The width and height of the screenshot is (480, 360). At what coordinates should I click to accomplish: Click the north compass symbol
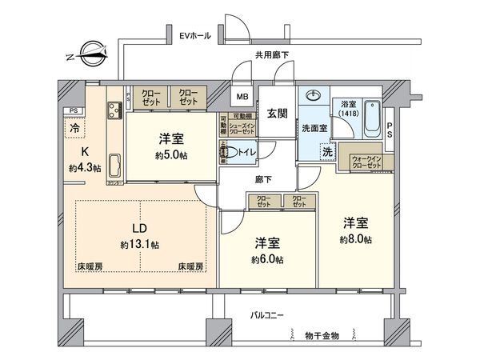tap(85, 55)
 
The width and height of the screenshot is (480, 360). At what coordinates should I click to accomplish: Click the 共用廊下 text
tap(272, 55)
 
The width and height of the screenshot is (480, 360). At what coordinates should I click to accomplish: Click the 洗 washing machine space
tap(327, 151)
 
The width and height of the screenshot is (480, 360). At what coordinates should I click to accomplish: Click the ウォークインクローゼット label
tap(367, 160)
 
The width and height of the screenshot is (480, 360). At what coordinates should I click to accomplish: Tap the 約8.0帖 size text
tap(357, 238)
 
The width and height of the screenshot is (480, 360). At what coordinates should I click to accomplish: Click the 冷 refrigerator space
tap(74, 127)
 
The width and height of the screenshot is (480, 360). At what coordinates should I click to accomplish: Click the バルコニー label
tap(265, 317)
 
